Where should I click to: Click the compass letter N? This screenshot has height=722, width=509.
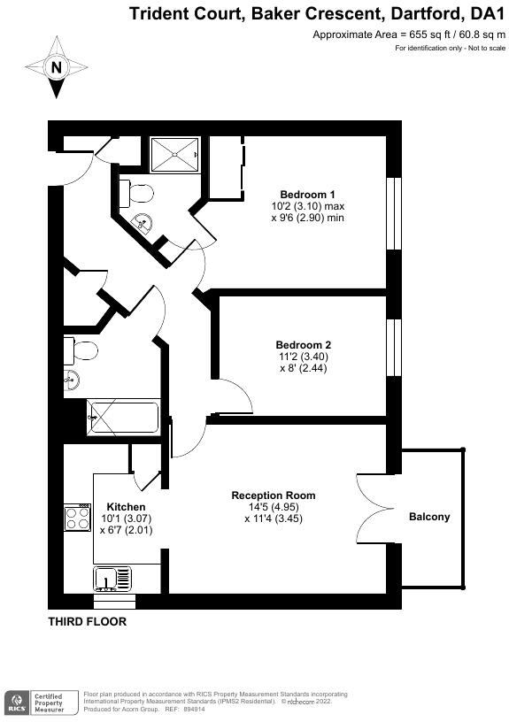click(58, 67)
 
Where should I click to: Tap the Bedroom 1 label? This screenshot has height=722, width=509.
click(307, 195)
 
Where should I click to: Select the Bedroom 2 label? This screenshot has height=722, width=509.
click(304, 345)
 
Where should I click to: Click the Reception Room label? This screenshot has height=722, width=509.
click(273, 495)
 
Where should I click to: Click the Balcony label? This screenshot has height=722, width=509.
click(428, 517)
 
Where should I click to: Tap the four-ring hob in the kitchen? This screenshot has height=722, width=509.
click(77, 517)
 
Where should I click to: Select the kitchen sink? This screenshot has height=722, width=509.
click(112, 579)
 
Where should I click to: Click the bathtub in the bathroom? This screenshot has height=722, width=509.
click(122, 417)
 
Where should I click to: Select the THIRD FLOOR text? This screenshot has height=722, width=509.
click(87, 622)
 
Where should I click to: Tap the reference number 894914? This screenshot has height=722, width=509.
click(193, 709)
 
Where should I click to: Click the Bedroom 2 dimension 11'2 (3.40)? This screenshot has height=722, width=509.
click(304, 357)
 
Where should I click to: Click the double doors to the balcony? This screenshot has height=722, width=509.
click(376, 505)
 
